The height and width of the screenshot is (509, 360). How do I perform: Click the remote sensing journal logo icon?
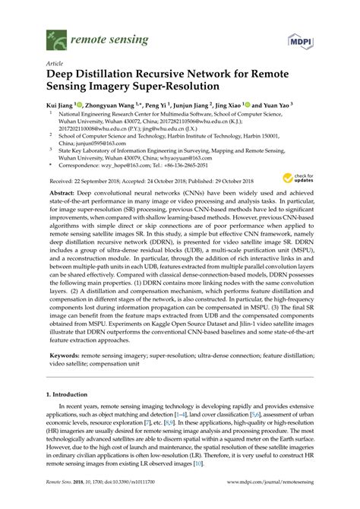coord(55,36)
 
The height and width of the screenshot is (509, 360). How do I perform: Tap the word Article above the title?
coord(55,65)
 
